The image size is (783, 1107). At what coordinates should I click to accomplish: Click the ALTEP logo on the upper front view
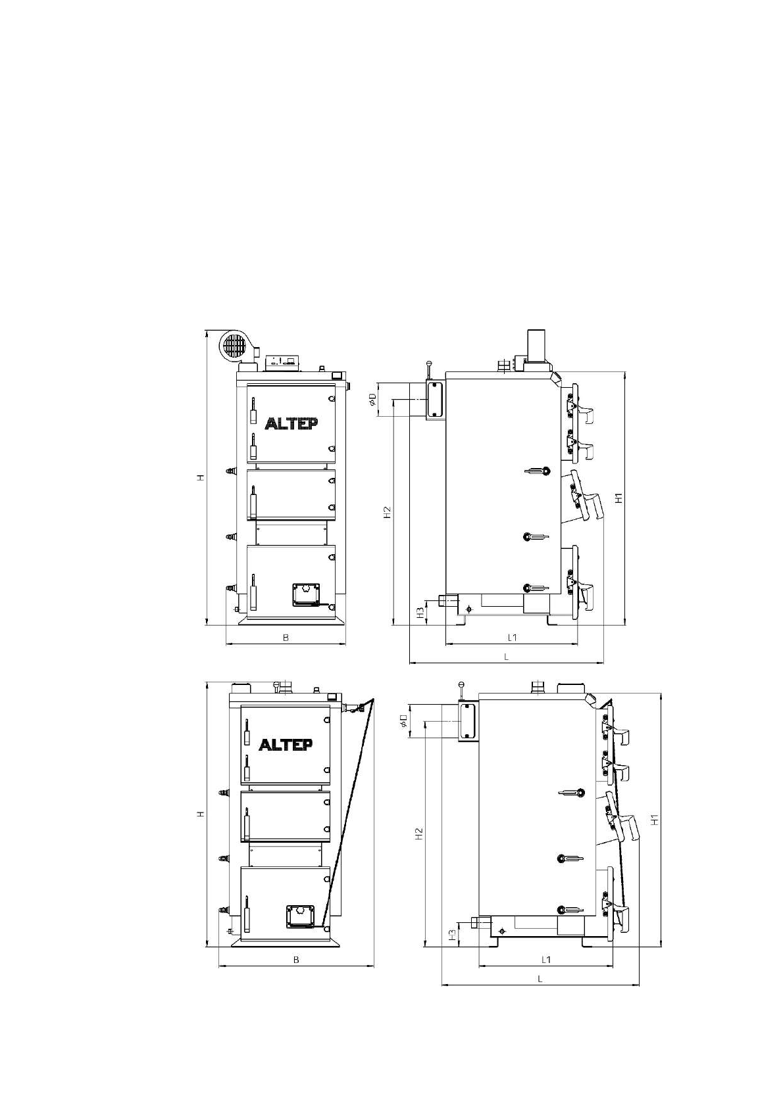[x=291, y=423]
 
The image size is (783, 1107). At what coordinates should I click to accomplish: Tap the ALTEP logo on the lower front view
[x=286, y=744]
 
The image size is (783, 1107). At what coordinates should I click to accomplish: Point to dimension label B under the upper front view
[x=286, y=638]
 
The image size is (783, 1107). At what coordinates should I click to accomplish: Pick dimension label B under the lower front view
[x=296, y=959]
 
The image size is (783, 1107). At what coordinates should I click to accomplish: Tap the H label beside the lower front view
[x=200, y=813]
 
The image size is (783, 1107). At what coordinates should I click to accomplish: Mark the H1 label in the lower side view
[x=655, y=819]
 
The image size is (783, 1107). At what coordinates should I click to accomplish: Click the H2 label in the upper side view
[x=388, y=512]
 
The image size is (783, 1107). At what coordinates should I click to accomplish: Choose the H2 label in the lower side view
[x=419, y=834]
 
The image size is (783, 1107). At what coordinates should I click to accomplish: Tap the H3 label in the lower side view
[x=451, y=934]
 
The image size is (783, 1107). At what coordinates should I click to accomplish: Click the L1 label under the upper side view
[x=512, y=638]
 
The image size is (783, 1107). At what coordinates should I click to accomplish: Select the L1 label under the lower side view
[x=545, y=959]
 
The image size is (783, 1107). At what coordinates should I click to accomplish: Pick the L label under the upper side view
[x=506, y=657]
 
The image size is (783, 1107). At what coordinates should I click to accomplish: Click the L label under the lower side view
[x=540, y=978]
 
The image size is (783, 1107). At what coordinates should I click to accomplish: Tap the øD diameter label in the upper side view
[x=374, y=399]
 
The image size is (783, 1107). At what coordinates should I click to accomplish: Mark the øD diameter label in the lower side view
[x=404, y=721]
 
